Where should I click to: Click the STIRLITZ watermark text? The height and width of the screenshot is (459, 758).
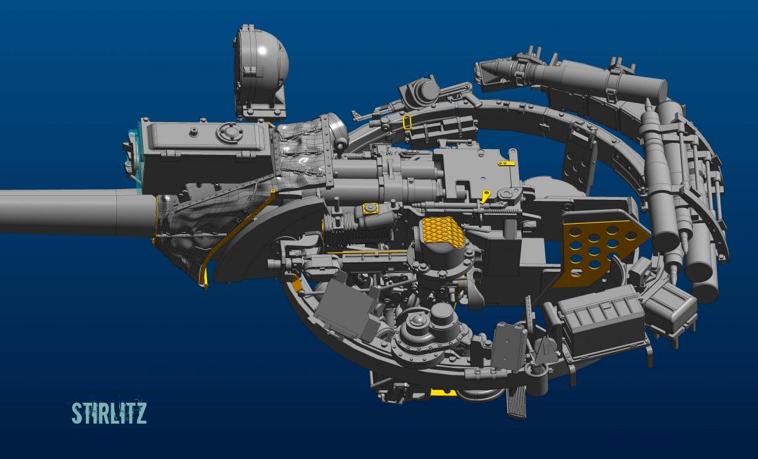[x=109, y=413]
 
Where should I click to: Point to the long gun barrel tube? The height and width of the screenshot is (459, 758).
[x=78, y=211]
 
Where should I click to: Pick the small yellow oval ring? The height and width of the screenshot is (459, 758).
[x=408, y=122]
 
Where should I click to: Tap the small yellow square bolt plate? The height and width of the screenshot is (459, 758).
[x=370, y=209]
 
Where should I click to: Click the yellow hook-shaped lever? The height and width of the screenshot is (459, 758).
[x=486, y=197]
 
